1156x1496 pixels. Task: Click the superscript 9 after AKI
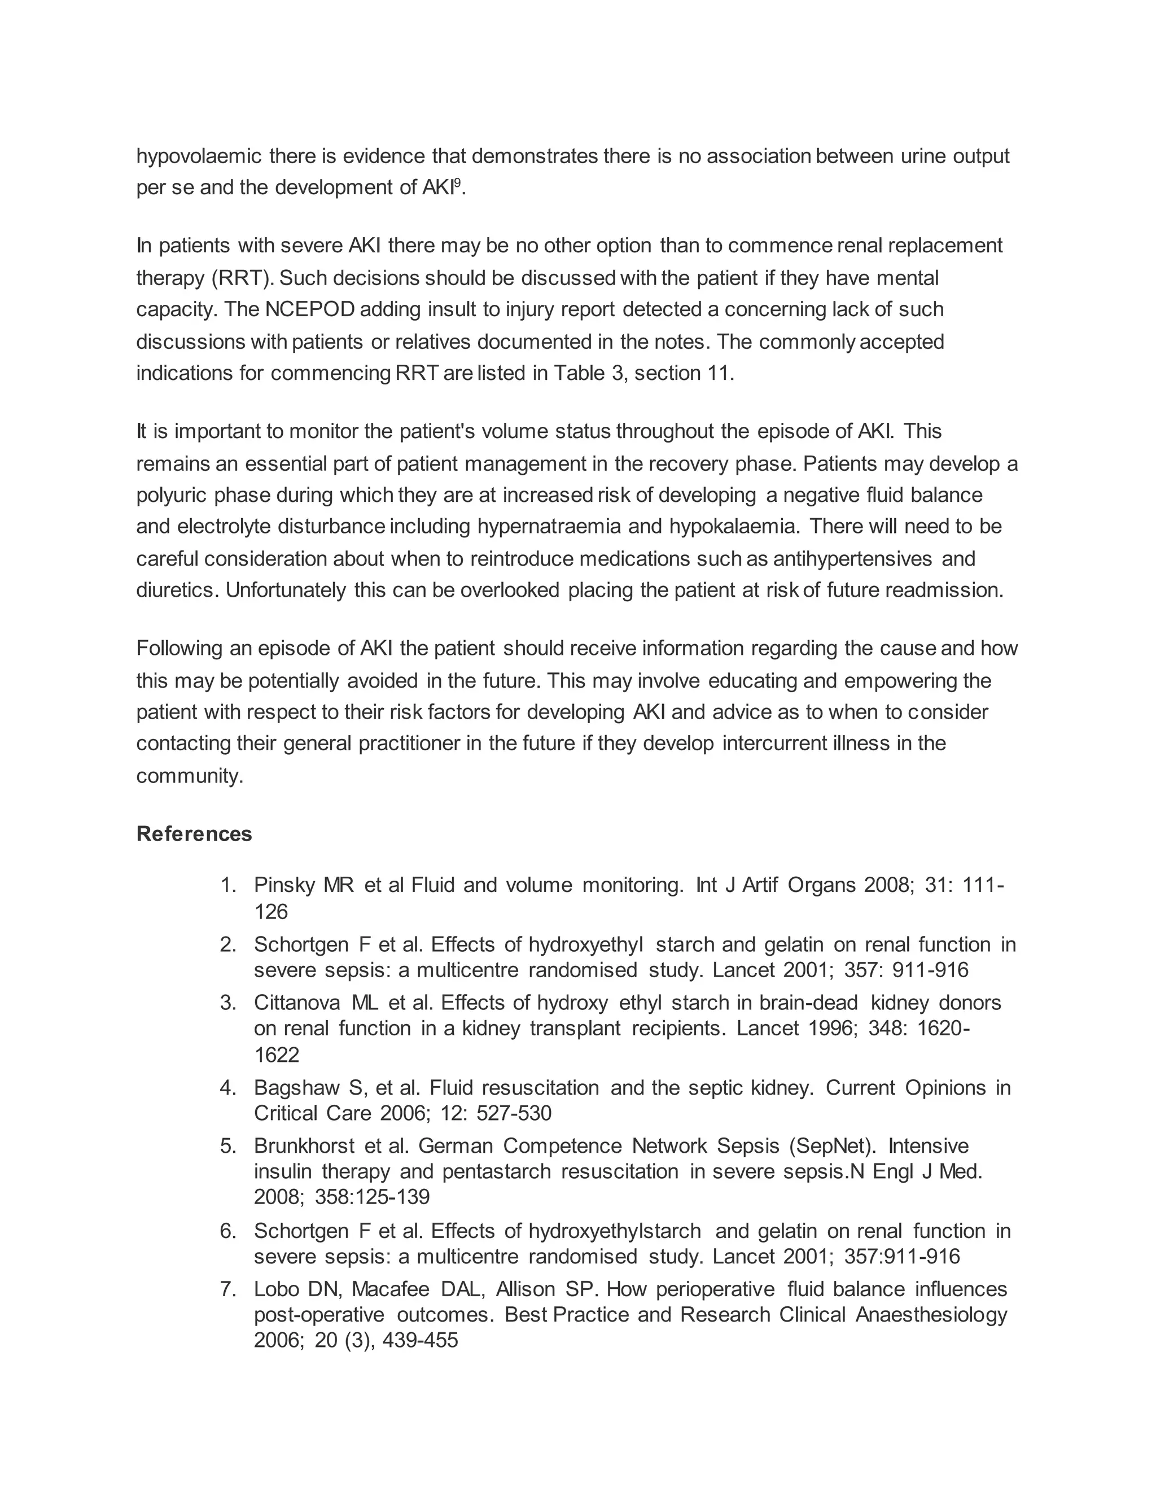457,182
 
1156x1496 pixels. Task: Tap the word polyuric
172,495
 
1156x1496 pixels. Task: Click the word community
189,776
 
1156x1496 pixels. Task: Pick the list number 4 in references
228,1088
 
